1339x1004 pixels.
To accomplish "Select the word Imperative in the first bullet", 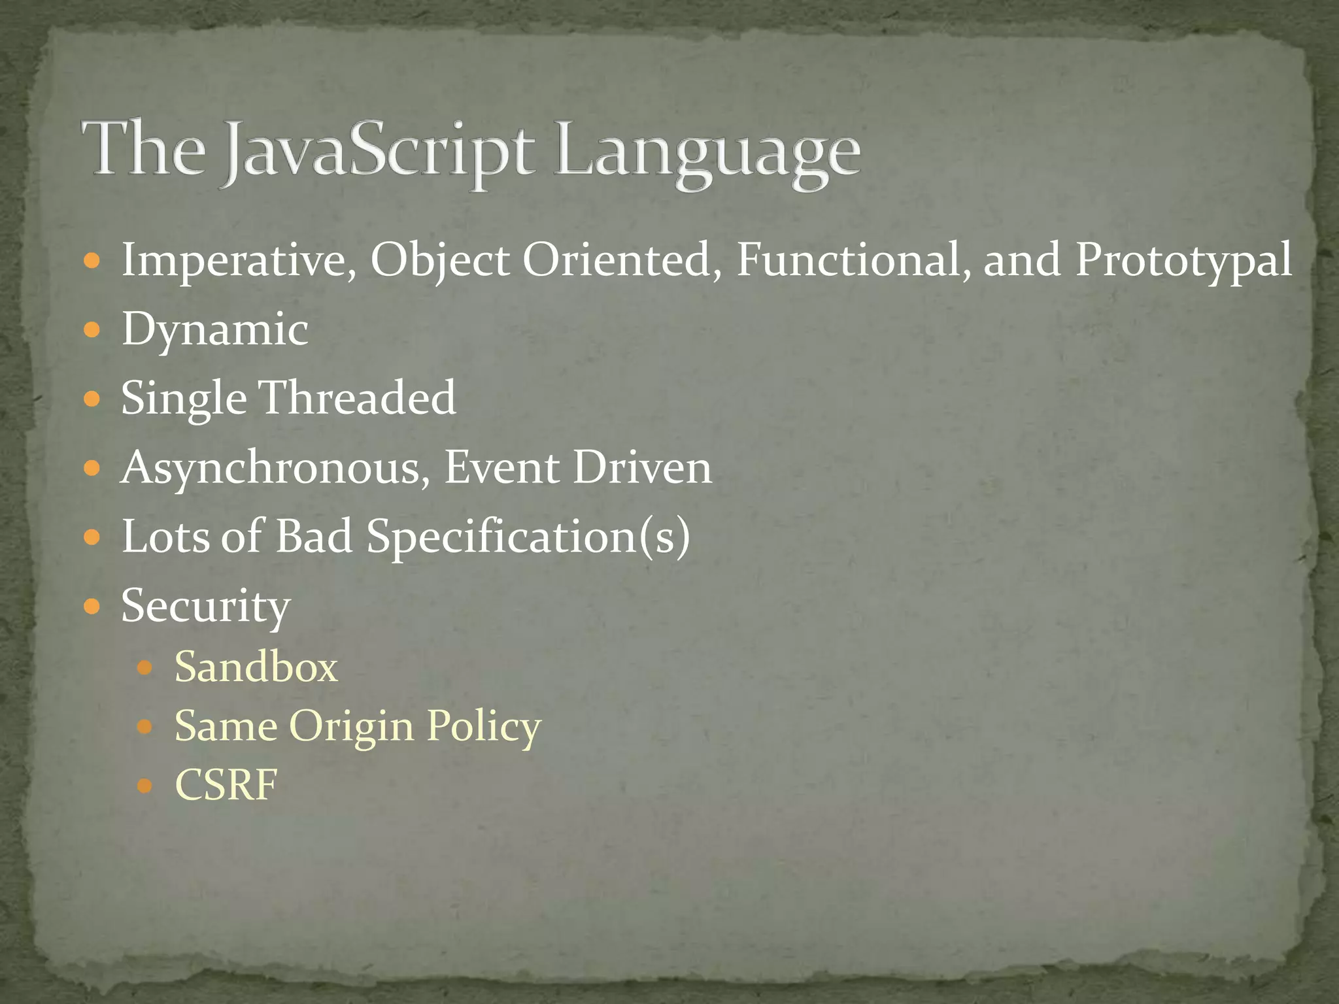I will click(239, 260).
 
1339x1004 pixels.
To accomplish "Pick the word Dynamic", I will click(214, 329).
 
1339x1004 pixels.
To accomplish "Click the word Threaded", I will click(358, 397).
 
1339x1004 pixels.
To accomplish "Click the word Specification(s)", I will click(528, 537).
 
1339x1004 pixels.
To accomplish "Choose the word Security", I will click(205, 607).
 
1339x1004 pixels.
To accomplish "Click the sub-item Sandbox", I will click(256, 667).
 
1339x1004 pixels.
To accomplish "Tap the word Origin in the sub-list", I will click(351, 726).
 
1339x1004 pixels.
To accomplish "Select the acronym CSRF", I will click(226, 784).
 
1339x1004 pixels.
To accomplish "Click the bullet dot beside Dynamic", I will click(92, 329).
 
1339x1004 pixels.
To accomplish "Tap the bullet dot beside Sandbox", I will click(144, 668).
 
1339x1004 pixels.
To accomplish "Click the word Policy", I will click(484, 726).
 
